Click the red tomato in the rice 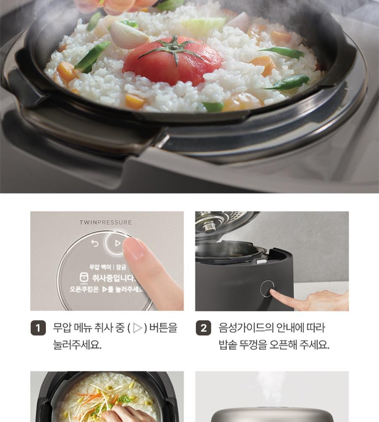172,61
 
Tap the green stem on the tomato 174,49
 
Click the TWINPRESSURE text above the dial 106,222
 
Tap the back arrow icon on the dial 95,243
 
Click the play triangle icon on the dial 117,243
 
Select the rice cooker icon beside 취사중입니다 84,278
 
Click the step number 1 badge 38,328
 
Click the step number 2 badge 203,328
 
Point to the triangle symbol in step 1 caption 138,328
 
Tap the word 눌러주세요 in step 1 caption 77,344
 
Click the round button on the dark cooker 267,288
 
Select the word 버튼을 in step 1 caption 163,328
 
